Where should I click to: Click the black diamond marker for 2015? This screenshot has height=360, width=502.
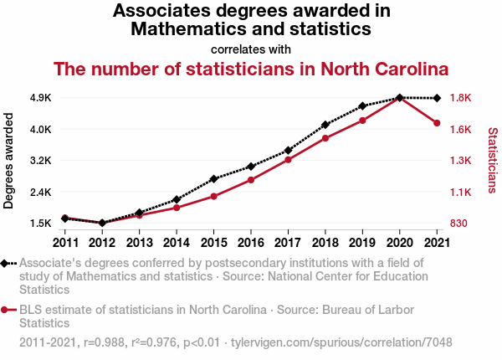tap(213, 179)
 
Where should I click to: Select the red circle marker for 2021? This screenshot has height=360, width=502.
tap(437, 123)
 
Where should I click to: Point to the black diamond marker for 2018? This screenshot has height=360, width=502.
tap(325, 125)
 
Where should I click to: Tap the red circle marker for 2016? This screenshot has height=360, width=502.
tap(251, 180)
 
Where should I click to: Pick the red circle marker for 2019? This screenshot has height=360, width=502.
tap(362, 121)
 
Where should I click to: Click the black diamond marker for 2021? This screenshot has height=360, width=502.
tap(437, 98)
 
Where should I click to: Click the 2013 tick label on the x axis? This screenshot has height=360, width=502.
tap(139, 243)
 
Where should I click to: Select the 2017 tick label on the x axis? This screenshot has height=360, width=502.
tap(288, 243)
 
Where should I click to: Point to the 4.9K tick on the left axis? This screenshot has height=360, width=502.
tap(40, 98)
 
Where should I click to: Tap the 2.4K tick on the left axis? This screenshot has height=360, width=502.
tap(40, 192)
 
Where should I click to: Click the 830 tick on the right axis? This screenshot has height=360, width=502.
tap(459, 224)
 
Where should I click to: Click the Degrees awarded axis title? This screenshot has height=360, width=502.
tap(9, 161)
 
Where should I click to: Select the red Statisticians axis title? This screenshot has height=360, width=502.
tap(493, 161)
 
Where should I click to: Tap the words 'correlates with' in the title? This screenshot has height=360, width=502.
tap(251, 49)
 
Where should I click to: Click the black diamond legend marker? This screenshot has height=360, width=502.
tap(6, 263)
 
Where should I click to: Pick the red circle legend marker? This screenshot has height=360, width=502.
tap(6, 310)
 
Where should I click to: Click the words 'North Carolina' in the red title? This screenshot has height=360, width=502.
tap(386, 69)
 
